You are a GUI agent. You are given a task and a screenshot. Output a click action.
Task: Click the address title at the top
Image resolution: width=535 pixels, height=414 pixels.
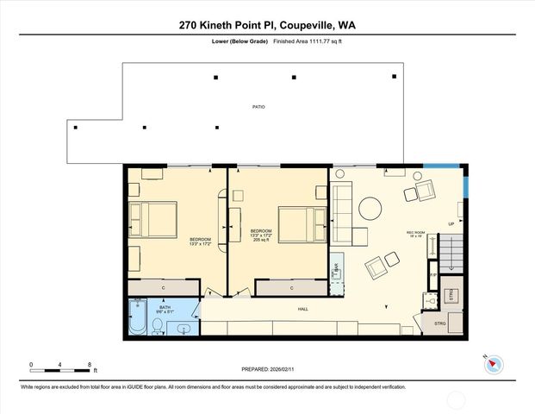click(x=267, y=26)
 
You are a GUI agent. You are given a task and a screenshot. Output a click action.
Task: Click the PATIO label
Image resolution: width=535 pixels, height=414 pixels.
click(x=258, y=107)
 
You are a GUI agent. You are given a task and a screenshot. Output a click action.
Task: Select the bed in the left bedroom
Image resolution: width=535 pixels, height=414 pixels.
click(x=153, y=219)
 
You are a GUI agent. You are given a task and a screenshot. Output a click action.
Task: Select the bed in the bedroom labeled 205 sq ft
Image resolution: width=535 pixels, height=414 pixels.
click(x=300, y=223)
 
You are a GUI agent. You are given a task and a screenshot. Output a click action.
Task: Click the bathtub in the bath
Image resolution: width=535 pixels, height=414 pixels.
click(x=137, y=317)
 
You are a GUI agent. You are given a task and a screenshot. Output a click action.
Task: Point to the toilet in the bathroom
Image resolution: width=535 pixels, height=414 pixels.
click(x=159, y=324)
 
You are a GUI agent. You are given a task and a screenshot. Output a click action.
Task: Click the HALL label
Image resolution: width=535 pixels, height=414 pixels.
click(x=303, y=309)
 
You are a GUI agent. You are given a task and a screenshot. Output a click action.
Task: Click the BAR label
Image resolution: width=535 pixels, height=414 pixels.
click(x=335, y=268)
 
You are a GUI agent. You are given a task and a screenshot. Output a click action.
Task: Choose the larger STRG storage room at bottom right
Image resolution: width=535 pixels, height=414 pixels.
click(x=439, y=323)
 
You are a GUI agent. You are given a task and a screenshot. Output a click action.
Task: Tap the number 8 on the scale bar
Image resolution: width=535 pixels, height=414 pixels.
click(x=90, y=365)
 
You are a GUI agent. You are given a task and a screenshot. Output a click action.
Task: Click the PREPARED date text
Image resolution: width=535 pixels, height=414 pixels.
click(x=267, y=368)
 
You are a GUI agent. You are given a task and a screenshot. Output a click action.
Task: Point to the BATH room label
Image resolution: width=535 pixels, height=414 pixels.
click(x=165, y=306)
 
